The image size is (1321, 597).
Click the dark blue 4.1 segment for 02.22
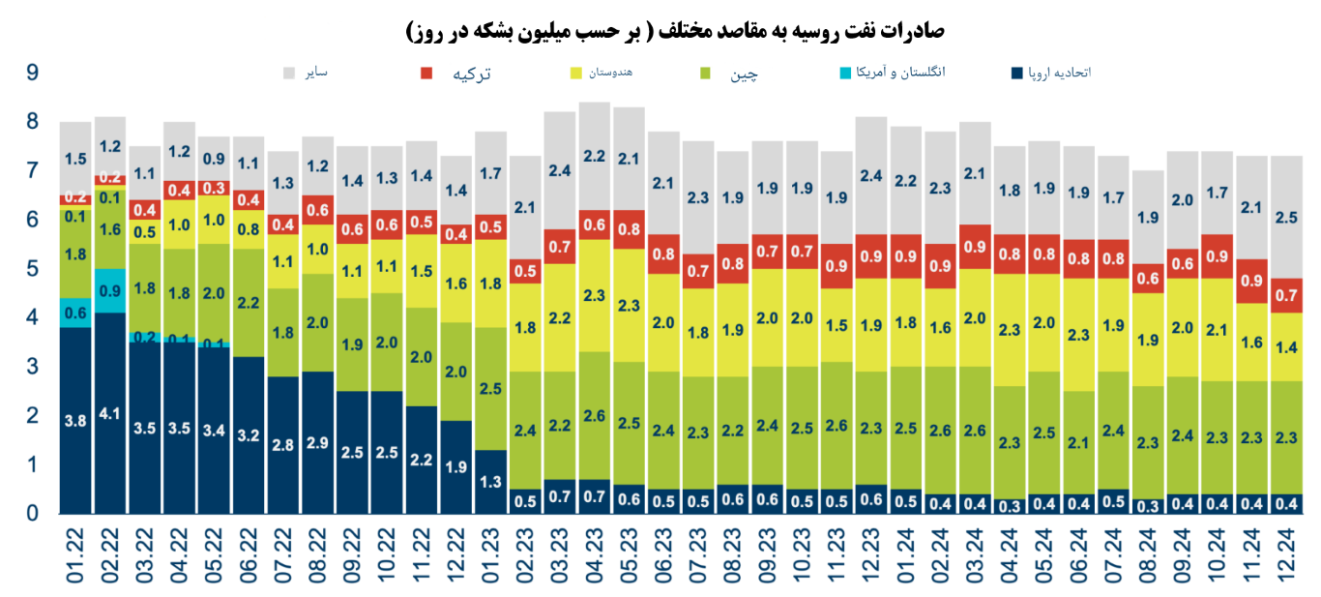coord(109,412)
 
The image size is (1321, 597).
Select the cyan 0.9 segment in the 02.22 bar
coord(109,290)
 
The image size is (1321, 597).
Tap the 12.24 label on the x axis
coord(1286,557)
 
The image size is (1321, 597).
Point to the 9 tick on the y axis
coord(33,73)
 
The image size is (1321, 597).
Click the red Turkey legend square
coord(426,74)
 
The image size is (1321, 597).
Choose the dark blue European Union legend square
coord(1015,74)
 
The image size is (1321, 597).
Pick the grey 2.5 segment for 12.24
coord(1286,217)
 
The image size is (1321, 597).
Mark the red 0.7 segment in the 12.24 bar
coord(1286,295)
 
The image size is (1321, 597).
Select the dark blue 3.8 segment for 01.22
coord(74,420)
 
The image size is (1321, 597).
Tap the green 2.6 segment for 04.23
coord(594,416)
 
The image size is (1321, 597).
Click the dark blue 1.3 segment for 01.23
coord(490,481)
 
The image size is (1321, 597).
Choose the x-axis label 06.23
coord(662,557)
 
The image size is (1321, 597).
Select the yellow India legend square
coord(576,74)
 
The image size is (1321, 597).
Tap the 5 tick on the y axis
coord(33,268)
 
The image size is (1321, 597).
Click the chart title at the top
coord(675,31)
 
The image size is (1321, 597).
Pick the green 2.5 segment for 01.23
coord(490,388)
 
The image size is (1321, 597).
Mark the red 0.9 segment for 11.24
coord(1251,281)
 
